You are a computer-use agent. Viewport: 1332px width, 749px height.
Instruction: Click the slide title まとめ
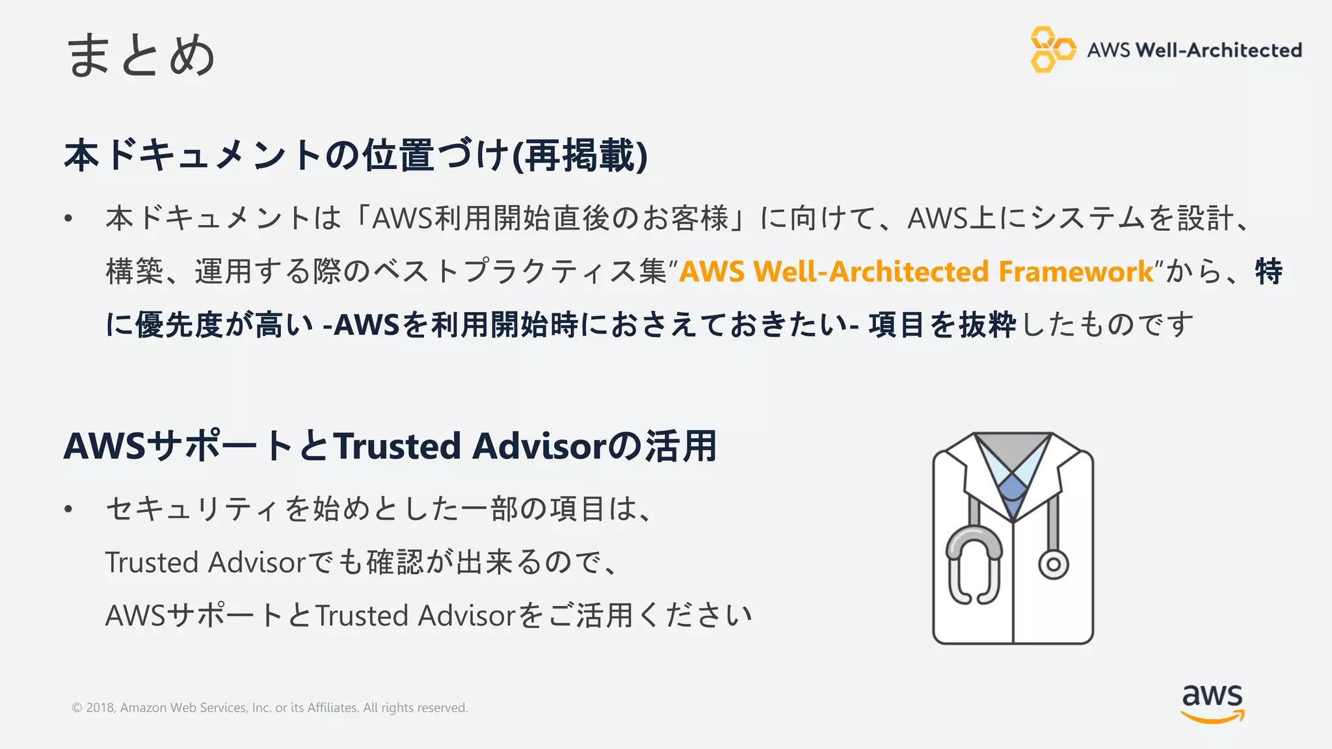(x=140, y=55)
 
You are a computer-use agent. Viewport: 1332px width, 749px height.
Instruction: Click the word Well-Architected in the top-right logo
(x=1218, y=50)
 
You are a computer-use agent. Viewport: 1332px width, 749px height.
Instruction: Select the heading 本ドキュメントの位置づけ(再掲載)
(x=356, y=155)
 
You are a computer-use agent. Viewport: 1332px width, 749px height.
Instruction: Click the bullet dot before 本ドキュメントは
(x=68, y=218)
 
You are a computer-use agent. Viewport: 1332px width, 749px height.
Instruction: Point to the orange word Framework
(x=1076, y=272)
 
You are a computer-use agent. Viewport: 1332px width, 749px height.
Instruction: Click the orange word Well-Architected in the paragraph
(x=872, y=272)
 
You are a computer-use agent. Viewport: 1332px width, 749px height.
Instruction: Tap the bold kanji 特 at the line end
(x=1268, y=272)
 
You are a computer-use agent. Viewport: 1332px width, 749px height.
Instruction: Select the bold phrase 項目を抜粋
(x=942, y=324)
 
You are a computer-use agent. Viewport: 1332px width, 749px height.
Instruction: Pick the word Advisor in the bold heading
(x=540, y=447)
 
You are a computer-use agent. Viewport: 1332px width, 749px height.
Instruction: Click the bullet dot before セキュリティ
(x=68, y=509)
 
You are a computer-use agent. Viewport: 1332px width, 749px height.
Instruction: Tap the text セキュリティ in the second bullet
(x=193, y=509)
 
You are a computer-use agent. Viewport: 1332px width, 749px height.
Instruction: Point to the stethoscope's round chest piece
(x=1053, y=564)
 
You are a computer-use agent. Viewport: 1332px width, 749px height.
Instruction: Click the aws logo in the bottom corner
(x=1212, y=703)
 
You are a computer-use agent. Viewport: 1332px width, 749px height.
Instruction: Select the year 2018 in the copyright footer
(x=100, y=707)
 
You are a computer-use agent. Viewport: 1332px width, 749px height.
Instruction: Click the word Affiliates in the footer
(x=332, y=707)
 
